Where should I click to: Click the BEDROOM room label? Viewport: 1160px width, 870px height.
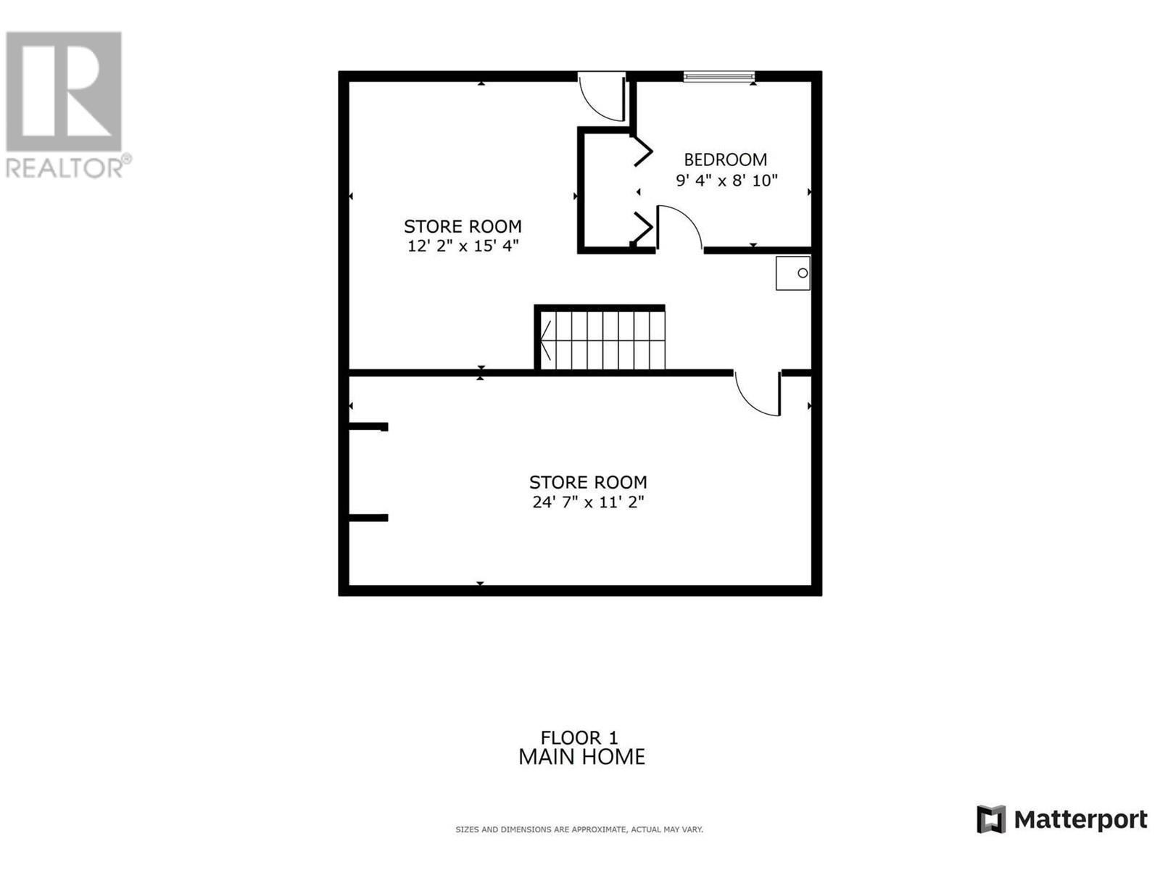tap(725, 159)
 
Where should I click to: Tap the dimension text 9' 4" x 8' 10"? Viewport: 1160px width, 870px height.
tap(726, 181)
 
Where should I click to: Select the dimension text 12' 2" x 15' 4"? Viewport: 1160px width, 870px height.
tap(463, 246)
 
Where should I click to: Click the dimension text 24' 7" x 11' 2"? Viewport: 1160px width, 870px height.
tap(588, 502)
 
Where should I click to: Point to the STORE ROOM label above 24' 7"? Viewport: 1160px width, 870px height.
tap(588, 482)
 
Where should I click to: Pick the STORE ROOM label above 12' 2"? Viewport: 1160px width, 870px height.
tap(463, 226)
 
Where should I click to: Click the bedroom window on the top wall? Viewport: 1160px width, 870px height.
tap(718, 76)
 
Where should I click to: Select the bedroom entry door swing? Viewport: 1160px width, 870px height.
tap(678, 227)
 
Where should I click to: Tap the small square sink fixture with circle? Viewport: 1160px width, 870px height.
tap(793, 273)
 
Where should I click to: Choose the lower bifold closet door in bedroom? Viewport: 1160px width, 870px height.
tap(642, 228)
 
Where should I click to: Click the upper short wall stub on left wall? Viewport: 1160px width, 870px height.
tap(368, 427)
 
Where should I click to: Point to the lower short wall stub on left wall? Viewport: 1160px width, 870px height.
tap(368, 518)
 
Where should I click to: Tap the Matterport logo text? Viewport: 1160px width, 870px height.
tap(1080, 820)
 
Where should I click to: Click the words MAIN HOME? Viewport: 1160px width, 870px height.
tap(581, 758)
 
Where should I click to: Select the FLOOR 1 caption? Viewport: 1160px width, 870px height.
tap(579, 738)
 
